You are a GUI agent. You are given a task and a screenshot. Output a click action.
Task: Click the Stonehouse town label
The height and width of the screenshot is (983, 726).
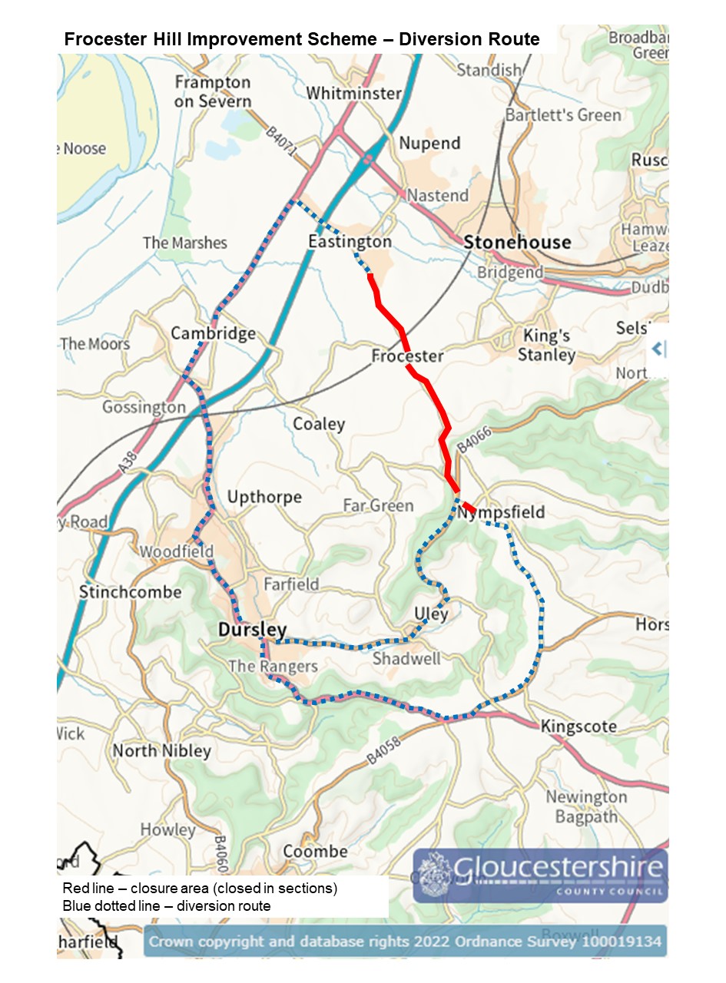(x=517, y=243)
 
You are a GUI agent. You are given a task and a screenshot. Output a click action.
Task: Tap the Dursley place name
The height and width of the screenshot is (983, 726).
(x=252, y=630)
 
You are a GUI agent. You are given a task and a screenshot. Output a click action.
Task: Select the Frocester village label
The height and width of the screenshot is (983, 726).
(x=407, y=356)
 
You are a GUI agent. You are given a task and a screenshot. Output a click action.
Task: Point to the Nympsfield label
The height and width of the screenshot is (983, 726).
(x=501, y=512)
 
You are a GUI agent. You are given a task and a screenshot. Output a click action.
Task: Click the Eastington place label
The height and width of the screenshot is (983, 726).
(x=350, y=242)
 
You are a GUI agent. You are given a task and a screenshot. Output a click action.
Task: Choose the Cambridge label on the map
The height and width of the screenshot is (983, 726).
(x=213, y=333)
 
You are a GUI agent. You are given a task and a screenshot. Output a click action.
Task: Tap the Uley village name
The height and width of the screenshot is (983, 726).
(x=431, y=614)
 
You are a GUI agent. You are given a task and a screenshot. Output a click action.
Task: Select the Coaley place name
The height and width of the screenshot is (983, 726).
(x=319, y=424)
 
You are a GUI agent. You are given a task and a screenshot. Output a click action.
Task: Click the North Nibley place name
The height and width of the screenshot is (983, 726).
(x=161, y=750)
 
